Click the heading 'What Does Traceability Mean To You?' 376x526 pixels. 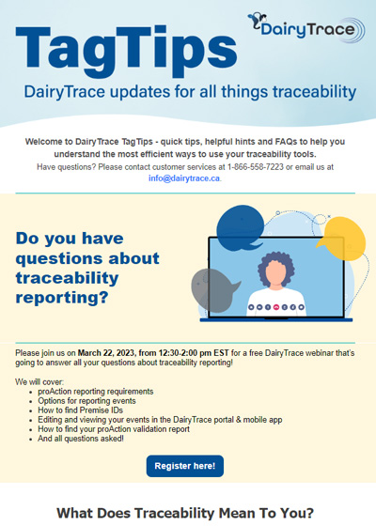(x=187, y=513)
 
